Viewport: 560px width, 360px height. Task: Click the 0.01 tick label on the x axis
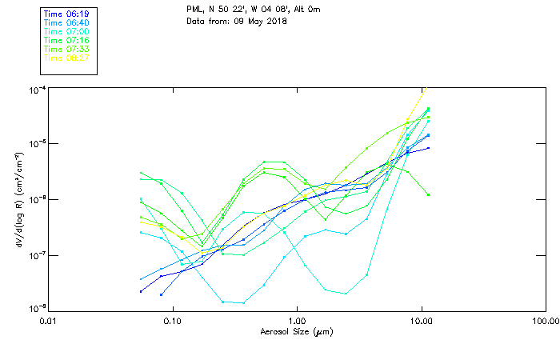[48, 322]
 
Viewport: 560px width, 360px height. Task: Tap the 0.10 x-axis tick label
[172, 322]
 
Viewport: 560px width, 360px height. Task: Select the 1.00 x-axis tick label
[297, 322]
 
